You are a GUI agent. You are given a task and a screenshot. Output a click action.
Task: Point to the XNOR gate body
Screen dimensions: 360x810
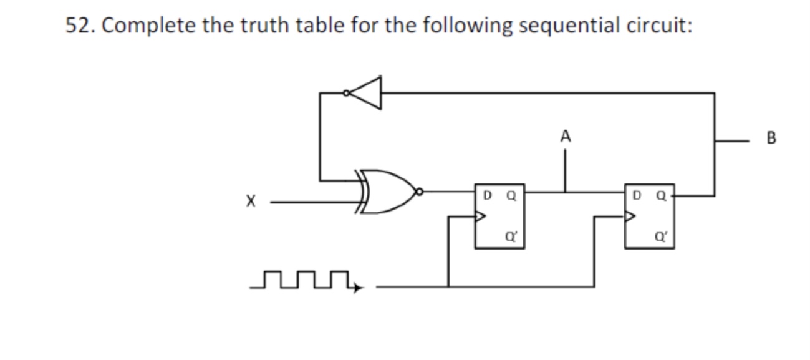click(389, 192)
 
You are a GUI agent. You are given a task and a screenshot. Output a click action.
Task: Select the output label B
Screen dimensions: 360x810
click(772, 139)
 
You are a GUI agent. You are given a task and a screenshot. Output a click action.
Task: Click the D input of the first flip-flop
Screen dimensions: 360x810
click(486, 196)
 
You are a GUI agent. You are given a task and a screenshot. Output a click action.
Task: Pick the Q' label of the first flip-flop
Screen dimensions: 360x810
click(510, 236)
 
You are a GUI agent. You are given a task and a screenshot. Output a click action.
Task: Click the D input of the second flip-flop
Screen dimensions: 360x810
click(636, 196)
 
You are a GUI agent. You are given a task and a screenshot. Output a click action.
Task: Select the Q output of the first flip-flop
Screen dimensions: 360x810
click(511, 196)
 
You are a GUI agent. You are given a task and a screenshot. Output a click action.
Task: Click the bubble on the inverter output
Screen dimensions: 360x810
click(346, 94)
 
